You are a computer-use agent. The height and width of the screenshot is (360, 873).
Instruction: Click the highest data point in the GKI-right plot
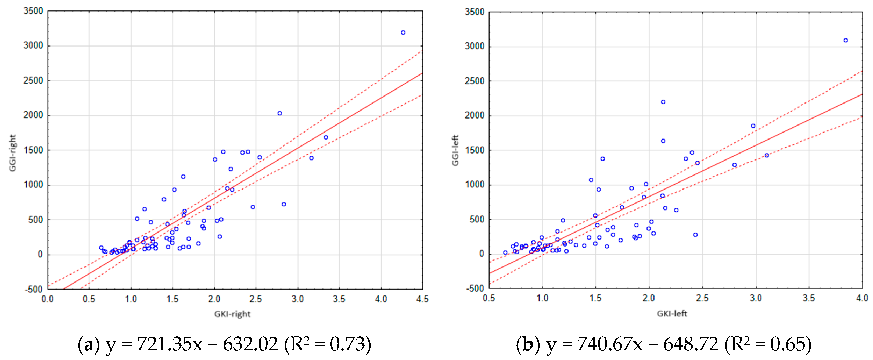point(403,33)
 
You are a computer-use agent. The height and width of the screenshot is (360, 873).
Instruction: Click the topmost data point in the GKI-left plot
point(846,40)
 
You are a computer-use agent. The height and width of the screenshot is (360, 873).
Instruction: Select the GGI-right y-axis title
point(13,153)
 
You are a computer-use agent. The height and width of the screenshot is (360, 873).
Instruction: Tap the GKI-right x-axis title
point(232,314)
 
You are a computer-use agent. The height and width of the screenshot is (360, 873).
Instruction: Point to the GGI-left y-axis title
point(455,151)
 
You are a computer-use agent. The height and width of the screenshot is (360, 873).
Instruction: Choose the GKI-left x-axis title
point(672,313)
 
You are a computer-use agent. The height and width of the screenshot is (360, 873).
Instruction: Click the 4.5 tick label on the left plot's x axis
point(422,299)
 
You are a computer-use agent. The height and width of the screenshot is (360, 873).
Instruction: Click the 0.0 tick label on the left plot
point(48,299)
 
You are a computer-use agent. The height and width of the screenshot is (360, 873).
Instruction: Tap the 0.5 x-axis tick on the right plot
point(489,298)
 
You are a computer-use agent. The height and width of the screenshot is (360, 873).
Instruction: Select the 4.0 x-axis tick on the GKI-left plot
point(862,298)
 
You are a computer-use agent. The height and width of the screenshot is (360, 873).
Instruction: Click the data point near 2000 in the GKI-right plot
point(280,113)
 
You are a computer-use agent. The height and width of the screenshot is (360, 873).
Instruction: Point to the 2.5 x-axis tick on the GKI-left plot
point(702,298)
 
